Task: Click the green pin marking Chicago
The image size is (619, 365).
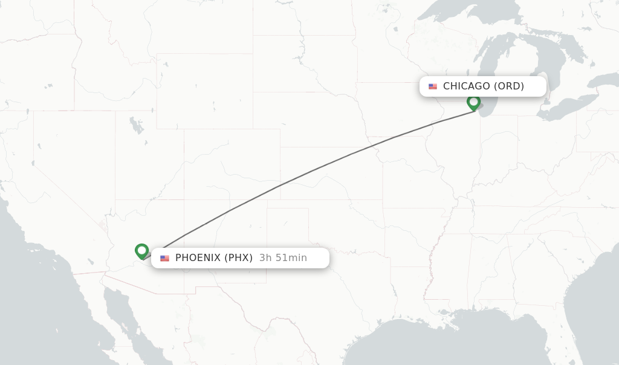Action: coord(473,103)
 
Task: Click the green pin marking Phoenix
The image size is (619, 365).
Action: coord(141,250)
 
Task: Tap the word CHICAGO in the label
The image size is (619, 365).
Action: coord(466,86)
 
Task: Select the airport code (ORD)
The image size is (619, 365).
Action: coord(509,86)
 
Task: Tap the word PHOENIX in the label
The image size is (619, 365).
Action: coord(198,258)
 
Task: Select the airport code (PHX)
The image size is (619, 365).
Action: coord(239,258)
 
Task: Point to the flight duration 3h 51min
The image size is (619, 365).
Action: coord(283,258)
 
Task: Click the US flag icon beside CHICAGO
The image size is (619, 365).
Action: coord(433,86)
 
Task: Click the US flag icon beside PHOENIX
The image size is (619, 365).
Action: coord(164,259)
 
